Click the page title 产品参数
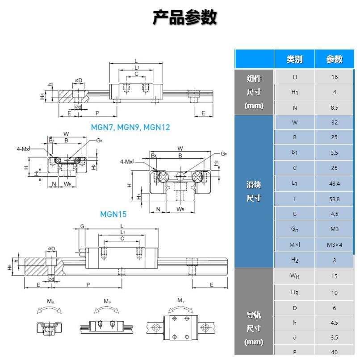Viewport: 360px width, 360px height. pyautogui.click(x=185, y=17)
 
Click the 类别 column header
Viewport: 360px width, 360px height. pyautogui.click(x=294, y=59)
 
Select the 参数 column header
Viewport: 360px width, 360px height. pyautogui.click(x=334, y=59)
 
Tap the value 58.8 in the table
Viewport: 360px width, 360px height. pyautogui.click(x=334, y=199)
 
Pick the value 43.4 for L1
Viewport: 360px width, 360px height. pyautogui.click(x=334, y=184)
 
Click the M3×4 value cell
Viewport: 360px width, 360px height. pyautogui.click(x=334, y=244)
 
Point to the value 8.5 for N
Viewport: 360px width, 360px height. pyautogui.click(x=334, y=108)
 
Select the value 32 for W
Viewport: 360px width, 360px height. pyautogui.click(x=334, y=123)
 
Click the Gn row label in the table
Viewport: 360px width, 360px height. pyautogui.click(x=295, y=229)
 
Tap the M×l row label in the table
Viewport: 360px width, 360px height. pyautogui.click(x=295, y=244)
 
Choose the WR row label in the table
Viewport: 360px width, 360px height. pyautogui.click(x=295, y=276)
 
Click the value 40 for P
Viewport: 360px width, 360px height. pyautogui.click(x=334, y=352)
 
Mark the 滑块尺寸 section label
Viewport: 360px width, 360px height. pyautogui.click(x=254, y=191)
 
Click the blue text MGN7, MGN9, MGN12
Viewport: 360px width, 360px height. pyautogui.click(x=130, y=127)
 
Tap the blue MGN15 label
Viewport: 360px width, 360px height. pyautogui.click(x=113, y=214)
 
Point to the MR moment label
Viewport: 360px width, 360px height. pyautogui.click(x=51, y=302)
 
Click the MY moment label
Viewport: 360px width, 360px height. pyautogui.click(x=181, y=301)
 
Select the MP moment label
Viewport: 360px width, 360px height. pyautogui.click(x=108, y=302)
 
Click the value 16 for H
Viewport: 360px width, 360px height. pyautogui.click(x=334, y=77)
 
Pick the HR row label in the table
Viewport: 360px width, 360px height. pyautogui.click(x=295, y=293)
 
